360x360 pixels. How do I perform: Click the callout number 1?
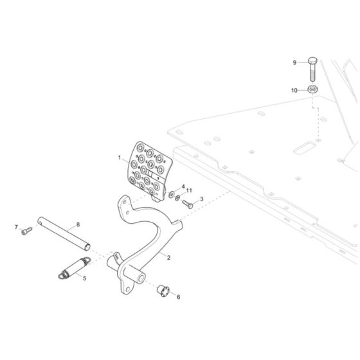pos(119,157)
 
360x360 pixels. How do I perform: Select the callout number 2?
pos(168,258)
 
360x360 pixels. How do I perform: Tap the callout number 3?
pos(201,200)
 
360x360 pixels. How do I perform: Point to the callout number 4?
pos(183,187)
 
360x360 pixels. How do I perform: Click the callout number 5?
pos(84,279)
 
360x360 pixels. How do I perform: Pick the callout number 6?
pos(178,297)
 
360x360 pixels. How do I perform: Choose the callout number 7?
pos(16,227)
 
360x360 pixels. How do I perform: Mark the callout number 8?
pos(78,224)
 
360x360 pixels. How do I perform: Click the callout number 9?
pos(295,62)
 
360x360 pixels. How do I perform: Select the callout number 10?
pos(294,91)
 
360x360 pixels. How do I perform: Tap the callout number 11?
pos(189,191)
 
